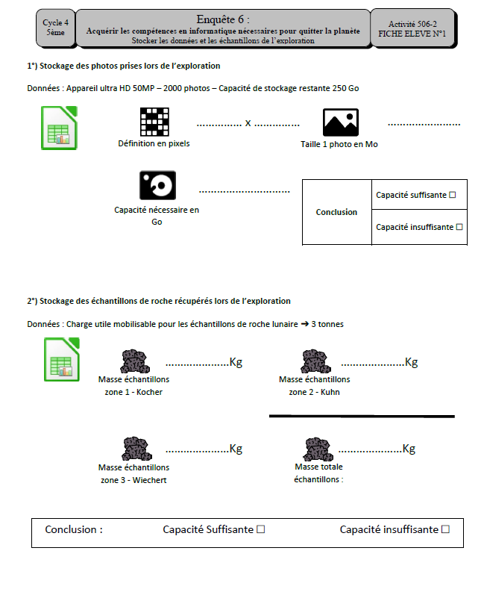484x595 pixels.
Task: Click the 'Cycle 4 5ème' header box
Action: click(56, 28)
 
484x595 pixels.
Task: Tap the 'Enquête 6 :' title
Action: click(223, 19)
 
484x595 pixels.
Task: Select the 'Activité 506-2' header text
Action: click(412, 24)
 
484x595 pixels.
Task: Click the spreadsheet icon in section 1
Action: click(59, 128)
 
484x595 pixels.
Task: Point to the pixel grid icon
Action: click(154, 122)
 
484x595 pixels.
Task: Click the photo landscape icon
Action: click(340, 122)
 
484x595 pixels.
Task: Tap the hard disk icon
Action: click(157, 185)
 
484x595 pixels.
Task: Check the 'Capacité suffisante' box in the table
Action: click(452, 195)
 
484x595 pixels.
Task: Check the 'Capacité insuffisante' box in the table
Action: click(459, 227)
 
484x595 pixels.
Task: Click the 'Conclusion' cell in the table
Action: click(336, 212)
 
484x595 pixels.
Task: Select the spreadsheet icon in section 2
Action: click(62, 359)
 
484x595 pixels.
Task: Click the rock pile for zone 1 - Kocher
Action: click(135, 361)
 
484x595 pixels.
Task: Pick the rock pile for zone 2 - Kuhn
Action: click(315, 361)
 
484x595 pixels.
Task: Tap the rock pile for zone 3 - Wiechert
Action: click(136, 449)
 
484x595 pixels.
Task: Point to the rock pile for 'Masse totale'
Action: click(318, 449)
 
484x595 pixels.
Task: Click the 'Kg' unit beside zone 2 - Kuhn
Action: click(411, 362)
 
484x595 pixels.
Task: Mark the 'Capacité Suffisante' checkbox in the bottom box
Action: click(261, 529)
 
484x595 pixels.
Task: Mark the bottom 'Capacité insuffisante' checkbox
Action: click(446, 529)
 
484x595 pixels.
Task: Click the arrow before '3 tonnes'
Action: click(305, 324)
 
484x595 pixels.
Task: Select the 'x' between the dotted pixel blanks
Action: click(248, 123)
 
